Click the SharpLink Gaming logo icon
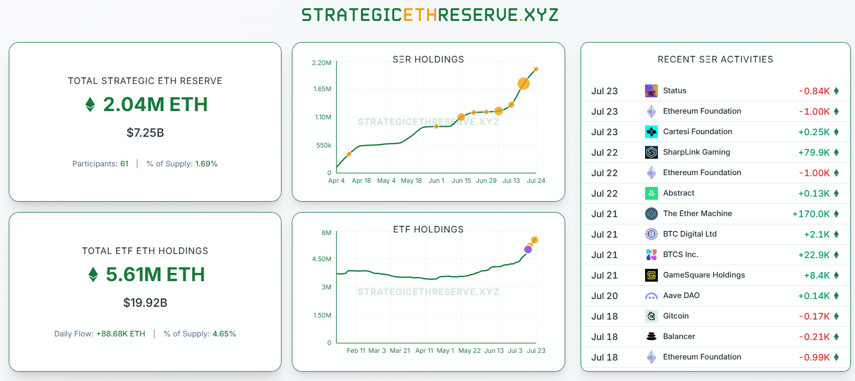(651, 152)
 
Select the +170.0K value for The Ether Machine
(811, 214)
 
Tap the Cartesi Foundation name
(697, 132)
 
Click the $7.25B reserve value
(145, 133)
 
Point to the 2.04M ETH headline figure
(155, 104)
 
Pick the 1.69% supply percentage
(206, 164)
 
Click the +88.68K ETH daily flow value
(121, 334)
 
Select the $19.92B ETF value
(145, 303)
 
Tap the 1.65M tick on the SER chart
(322, 89)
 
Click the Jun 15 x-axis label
(461, 181)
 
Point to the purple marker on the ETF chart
(528, 249)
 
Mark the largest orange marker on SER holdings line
(523, 83)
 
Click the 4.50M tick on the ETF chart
(322, 259)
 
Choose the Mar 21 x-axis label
(400, 351)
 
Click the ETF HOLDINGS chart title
(428, 229)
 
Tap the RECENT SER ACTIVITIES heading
(715, 59)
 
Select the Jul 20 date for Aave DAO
(605, 296)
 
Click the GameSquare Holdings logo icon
(651, 275)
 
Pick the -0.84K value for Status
(815, 91)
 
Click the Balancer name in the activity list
(679, 336)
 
